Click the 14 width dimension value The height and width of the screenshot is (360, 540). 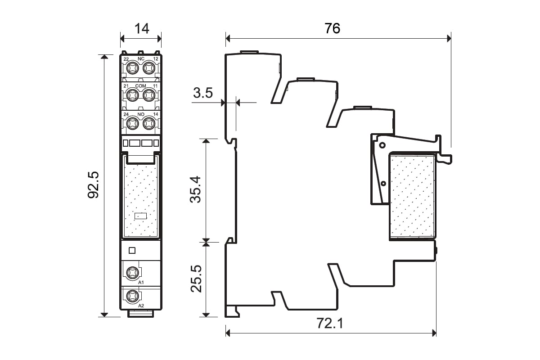(x=142, y=28)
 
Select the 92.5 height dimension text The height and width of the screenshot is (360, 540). (x=93, y=184)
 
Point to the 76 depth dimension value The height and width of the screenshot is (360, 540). (x=332, y=28)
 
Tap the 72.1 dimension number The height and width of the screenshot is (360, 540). (x=329, y=324)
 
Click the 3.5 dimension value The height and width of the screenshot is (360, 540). (x=203, y=93)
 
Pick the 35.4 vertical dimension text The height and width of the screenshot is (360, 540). (x=195, y=189)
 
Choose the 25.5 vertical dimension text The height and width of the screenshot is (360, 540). (x=196, y=279)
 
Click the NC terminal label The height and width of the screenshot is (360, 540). (x=141, y=59)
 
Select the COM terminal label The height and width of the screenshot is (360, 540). (x=140, y=86)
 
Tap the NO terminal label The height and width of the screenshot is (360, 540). (x=141, y=114)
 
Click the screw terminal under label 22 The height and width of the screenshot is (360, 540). (x=132, y=68)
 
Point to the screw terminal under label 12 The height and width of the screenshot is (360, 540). (x=149, y=68)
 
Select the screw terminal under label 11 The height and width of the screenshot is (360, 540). (x=149, y=95)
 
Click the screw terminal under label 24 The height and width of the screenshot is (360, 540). (x=132, y=123)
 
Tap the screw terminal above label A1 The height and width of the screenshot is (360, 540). (x=132, y=273)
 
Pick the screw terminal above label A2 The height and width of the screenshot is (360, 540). (x=132, y=296)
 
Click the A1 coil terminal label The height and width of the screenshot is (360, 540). (x=141, y=282)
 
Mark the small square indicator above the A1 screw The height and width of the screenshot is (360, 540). (x=132, y=251)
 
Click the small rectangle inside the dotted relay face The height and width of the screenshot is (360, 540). (x=140, y=216)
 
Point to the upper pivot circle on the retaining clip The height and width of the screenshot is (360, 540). (x=382, y=145)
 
